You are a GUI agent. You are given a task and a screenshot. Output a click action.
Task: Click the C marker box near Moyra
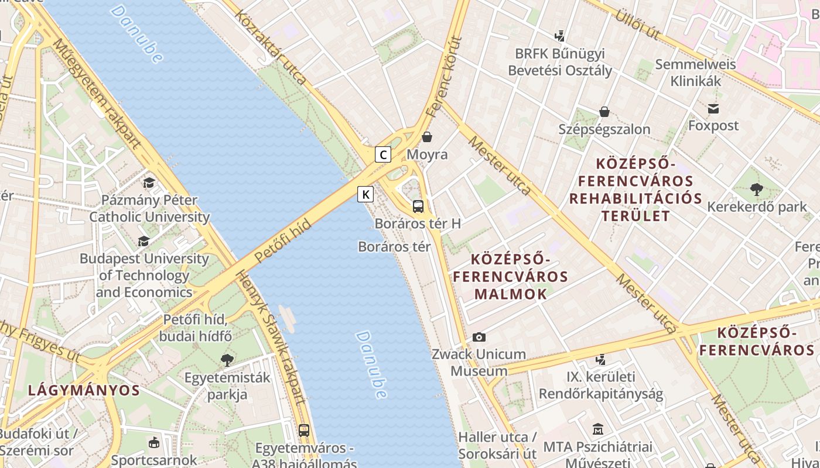click(382, 154)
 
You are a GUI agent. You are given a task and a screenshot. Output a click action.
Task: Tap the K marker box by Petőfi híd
click(365, 194)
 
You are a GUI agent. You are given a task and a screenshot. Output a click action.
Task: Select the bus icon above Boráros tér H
click(418, 206)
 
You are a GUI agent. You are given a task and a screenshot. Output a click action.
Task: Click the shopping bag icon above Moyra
click(428, 137)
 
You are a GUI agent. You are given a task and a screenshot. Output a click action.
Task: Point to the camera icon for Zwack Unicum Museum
click(479, 337)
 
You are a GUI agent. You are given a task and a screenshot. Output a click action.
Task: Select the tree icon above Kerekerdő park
click(757, 189)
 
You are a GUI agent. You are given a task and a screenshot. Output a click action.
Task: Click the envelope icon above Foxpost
click(713, 108)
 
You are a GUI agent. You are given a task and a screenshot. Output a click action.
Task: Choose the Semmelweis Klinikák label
click(695, 73)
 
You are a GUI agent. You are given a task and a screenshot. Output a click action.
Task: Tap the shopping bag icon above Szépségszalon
click(604, 112)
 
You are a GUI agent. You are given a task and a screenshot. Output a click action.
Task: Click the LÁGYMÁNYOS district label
click(84, 390)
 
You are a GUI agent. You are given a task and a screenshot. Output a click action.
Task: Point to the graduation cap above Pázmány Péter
click(149, 183)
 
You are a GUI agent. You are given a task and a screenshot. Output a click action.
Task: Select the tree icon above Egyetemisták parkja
click(227, 360)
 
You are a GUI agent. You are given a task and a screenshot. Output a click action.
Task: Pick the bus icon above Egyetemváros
click(304, 431)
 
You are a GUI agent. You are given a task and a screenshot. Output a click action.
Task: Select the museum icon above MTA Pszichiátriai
click(597, 429)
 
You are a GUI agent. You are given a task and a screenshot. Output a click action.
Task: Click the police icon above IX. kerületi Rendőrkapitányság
click(600, 359)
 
